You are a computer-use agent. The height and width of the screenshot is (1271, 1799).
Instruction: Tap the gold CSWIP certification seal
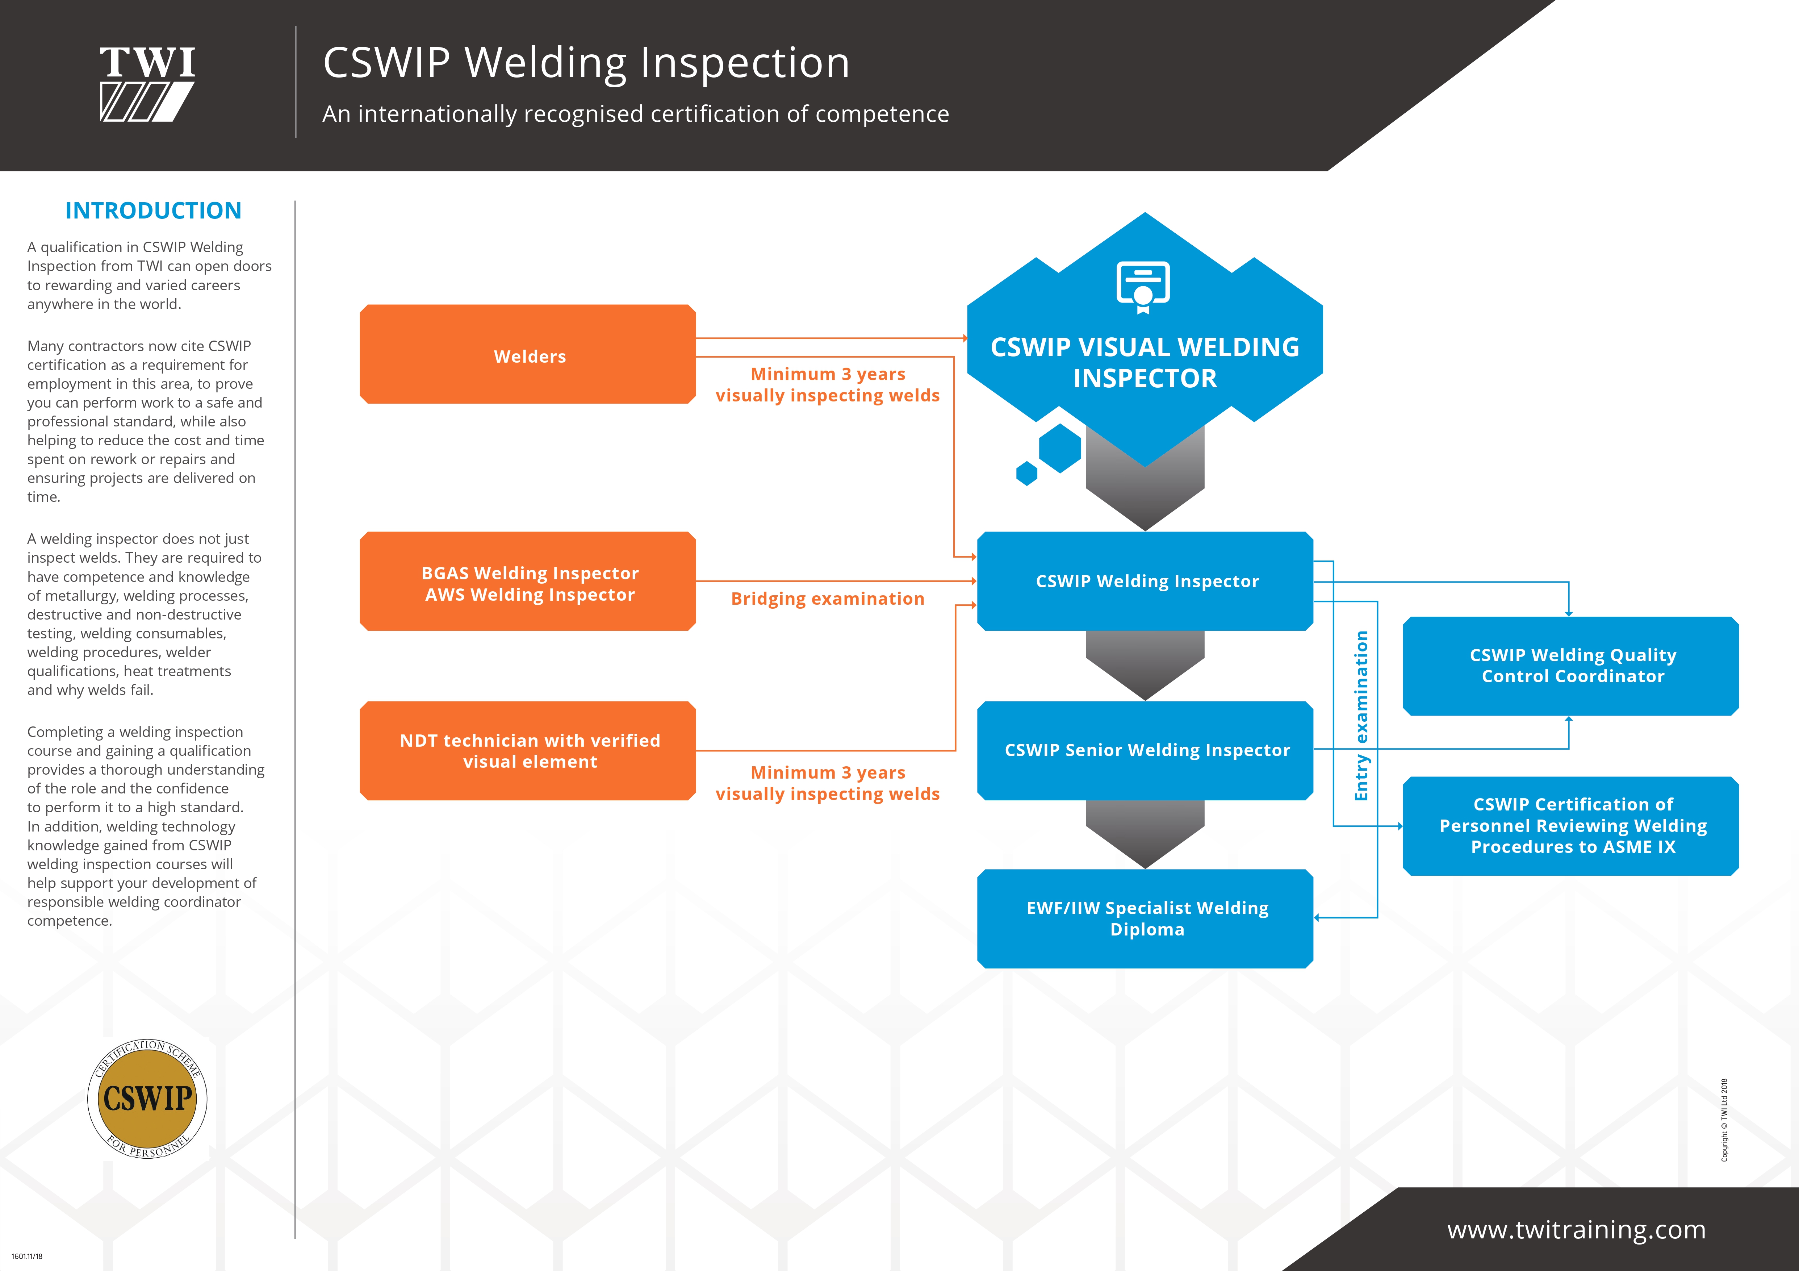pos(147,1098)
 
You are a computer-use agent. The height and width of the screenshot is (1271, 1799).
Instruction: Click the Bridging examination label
pos(827,599)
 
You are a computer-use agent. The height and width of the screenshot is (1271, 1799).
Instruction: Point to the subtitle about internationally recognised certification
pos(635,114)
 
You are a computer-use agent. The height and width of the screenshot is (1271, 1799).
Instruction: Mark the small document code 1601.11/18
pos(28,1256)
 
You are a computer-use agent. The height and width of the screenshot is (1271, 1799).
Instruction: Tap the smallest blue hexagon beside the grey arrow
pos(1026,473)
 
